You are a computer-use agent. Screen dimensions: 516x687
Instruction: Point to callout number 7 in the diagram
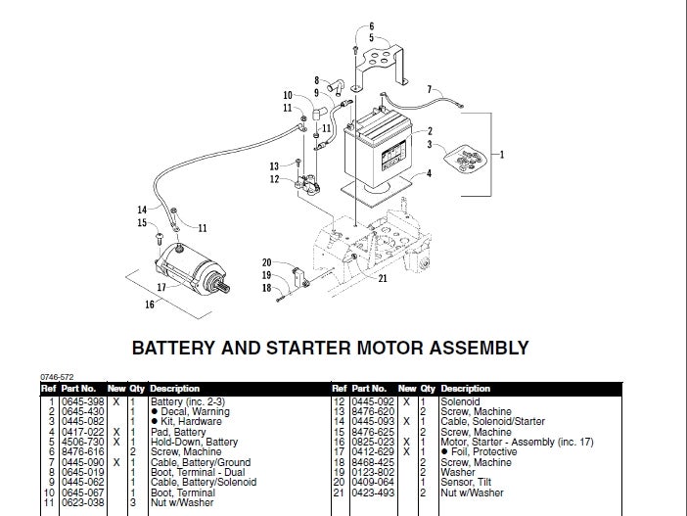click(429, 90)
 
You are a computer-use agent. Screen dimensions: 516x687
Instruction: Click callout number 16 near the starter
click(150, 305)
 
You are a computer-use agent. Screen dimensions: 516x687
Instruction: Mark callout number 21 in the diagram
click(382, 279)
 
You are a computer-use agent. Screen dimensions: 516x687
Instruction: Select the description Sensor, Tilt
click(470, 481)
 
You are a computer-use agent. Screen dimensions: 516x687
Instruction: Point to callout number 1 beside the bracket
click(503, 154)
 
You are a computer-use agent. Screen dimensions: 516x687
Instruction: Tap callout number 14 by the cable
click(142, 210)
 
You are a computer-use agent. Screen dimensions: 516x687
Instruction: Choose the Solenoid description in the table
click(460, 402)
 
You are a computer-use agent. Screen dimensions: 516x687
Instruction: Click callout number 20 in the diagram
click(266, 262)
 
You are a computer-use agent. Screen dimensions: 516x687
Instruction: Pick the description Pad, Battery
click(177, 430)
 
